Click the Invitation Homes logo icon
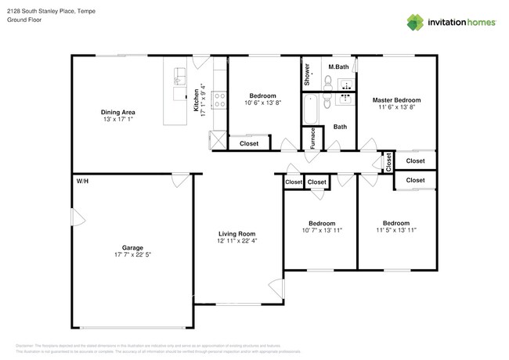(414, 22)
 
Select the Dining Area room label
(117, 111)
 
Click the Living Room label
(236, 234)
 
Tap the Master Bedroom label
(396, 100)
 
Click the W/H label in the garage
(81, 181)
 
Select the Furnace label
(313, 137)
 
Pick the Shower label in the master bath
(307, 74)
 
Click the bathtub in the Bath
(311, 110)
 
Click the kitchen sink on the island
(178, 77)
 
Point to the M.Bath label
(338, 67)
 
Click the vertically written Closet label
(388, 162)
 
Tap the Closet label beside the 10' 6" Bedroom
(249, 144)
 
